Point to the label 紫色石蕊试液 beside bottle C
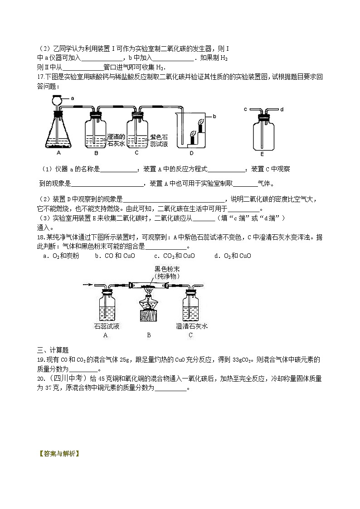[x=159, y=140]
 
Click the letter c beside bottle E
[x=245, y=109]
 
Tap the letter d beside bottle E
[x=282, y=109]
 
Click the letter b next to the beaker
[x=214, y=116]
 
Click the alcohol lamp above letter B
[x=149, y=301]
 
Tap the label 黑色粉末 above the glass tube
[x=167, y=269]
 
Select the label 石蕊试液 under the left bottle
[x=106, y=326]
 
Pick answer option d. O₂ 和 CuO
[x=232, y=256]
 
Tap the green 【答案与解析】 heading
[x=59, y=453]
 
